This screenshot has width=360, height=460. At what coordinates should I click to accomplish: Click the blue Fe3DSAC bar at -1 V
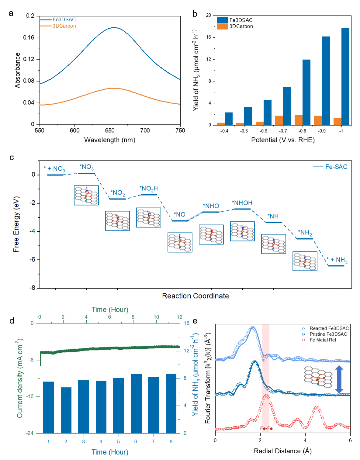[x=345, y=77]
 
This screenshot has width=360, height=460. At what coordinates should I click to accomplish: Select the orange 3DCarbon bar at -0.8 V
[x=298, y=120]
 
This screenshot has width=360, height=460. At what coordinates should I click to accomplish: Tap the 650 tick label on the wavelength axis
[x=110, y=131]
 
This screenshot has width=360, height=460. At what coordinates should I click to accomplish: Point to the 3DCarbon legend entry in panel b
[x=241, y=26]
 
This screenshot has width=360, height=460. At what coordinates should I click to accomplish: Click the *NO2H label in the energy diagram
[x=148, y=189]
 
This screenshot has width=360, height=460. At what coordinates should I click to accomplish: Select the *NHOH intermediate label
[x=242, y=203]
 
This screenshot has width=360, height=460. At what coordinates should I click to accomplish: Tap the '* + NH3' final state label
[x=337, y=260]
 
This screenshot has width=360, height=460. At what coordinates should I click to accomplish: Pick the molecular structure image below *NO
[x=180, y=242]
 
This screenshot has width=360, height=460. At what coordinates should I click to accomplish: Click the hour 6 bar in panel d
[x=136, y=403]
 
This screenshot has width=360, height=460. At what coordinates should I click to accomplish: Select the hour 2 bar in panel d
[x=66, y=410]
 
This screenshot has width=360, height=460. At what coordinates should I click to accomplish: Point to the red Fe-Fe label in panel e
[x=266, y=428]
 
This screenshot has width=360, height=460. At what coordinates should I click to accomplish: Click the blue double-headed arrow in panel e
[x=339, y=379]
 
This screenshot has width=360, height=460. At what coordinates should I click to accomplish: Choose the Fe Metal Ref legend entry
[x=323, y=340]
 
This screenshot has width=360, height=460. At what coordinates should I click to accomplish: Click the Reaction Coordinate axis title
[x=195, y=296]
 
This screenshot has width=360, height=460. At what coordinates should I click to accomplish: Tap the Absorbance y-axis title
[x=18, y=70]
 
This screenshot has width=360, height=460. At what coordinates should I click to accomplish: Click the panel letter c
[x=12, y=157]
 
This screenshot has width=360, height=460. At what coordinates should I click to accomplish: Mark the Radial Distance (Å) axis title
[x=283, y=451]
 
